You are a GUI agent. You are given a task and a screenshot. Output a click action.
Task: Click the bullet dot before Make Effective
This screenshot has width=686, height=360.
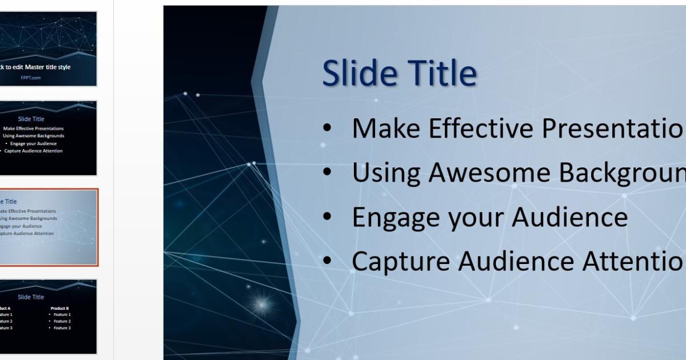point(327,129)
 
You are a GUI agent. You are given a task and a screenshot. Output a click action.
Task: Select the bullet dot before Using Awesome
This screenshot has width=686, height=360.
point(327,173)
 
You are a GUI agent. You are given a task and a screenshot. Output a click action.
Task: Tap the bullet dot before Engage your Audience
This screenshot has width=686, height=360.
point(327,217)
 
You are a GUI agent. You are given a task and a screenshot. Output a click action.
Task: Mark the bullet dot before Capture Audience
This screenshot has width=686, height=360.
point(327,261)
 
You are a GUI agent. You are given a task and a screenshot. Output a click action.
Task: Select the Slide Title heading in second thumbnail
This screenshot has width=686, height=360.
point(31,119)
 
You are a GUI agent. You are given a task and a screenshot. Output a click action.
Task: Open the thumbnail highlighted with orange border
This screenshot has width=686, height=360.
point(48,227)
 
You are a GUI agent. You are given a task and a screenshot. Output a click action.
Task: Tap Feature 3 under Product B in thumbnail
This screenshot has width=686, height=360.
point(62,328)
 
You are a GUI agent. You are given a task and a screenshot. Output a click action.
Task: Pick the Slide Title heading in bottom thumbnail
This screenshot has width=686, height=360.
point(31,297)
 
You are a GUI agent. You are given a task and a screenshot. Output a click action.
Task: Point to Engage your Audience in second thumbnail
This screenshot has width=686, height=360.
point(34,143)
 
